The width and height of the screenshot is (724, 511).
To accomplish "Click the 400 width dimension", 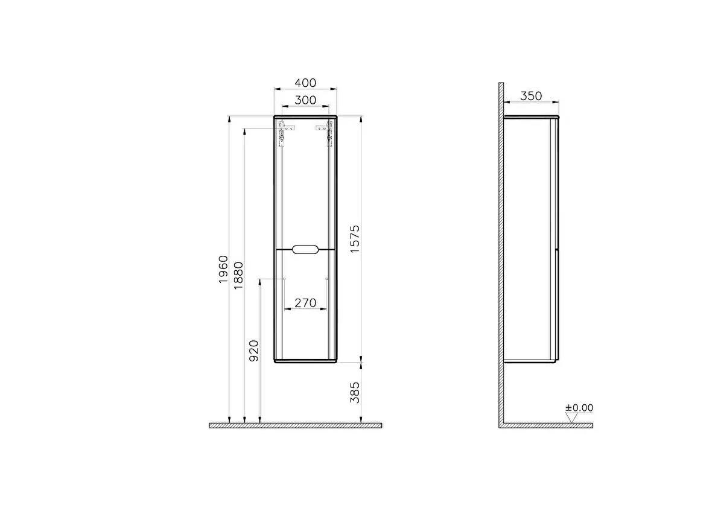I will (x=305, y=83).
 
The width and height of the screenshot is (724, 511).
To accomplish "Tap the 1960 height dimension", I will (x=224, y=270).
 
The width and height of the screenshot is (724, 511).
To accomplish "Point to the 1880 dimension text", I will (x=238, y=277).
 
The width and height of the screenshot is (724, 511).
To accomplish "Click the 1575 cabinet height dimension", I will (x=355, y=240).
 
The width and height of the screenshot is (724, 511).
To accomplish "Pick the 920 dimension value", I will (x=253, y=351).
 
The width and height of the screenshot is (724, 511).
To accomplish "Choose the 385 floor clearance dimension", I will (x=355, y=392).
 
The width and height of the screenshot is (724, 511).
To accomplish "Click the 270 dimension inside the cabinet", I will (x=305, y=303).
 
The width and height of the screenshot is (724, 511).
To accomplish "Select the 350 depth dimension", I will (x=531, y=95).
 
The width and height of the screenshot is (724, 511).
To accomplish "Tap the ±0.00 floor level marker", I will (x=579, y=408).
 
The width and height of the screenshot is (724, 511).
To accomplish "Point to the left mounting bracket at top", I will (x=282, y=134).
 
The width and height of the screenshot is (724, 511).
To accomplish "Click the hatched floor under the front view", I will (x=296, y=425).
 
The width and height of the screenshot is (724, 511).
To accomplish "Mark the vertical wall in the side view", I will (x=501, y=253).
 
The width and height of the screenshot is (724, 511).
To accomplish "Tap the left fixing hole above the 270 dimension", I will (x=284, y=279).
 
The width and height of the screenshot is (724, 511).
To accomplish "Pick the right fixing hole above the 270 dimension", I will (x=326, y=279).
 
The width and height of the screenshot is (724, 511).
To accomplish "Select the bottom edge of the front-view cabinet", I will (x=305, y=361).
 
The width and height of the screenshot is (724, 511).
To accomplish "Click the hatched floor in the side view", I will (x=546, y=425).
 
